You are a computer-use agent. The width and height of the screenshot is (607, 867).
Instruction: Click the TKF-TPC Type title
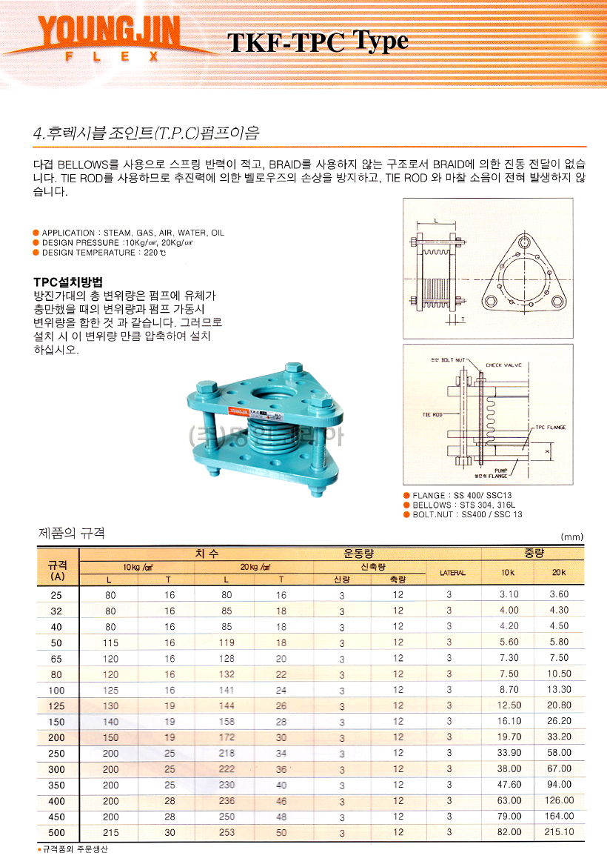point(318,42)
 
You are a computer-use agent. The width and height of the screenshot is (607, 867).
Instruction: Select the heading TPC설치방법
point(68,282)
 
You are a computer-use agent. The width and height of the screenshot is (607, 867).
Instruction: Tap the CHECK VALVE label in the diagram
point(503,365)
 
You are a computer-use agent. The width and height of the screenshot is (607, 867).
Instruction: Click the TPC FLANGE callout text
point(550,428)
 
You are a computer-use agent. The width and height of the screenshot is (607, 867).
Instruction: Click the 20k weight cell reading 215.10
point(558,832)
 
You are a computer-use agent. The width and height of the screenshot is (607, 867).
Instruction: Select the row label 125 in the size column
point(57,705)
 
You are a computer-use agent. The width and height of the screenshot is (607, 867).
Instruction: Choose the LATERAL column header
point(452,572)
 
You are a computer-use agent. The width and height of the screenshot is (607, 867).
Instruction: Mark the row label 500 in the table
point(57,832)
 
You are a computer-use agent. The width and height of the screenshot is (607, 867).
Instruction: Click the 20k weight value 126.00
point(558,800)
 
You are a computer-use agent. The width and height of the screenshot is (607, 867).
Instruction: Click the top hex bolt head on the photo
point(292,368)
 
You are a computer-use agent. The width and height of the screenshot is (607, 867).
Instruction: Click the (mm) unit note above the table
point(572,536)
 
